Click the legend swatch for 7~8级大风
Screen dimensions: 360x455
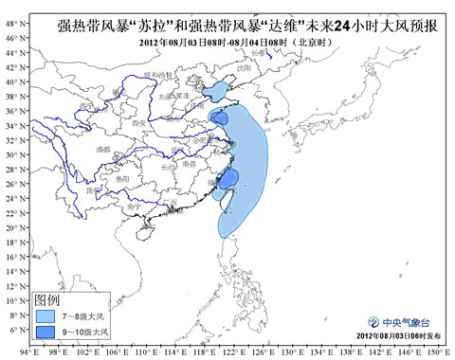tap(45, 314)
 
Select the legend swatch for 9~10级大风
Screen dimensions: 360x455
tap(45, 332)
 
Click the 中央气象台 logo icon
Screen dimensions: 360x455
tap(373, 320)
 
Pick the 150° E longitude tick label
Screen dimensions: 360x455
tap(437, 352)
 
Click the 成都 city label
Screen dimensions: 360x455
tap(105, 150)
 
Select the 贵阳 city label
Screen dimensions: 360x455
tap(120, 178)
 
